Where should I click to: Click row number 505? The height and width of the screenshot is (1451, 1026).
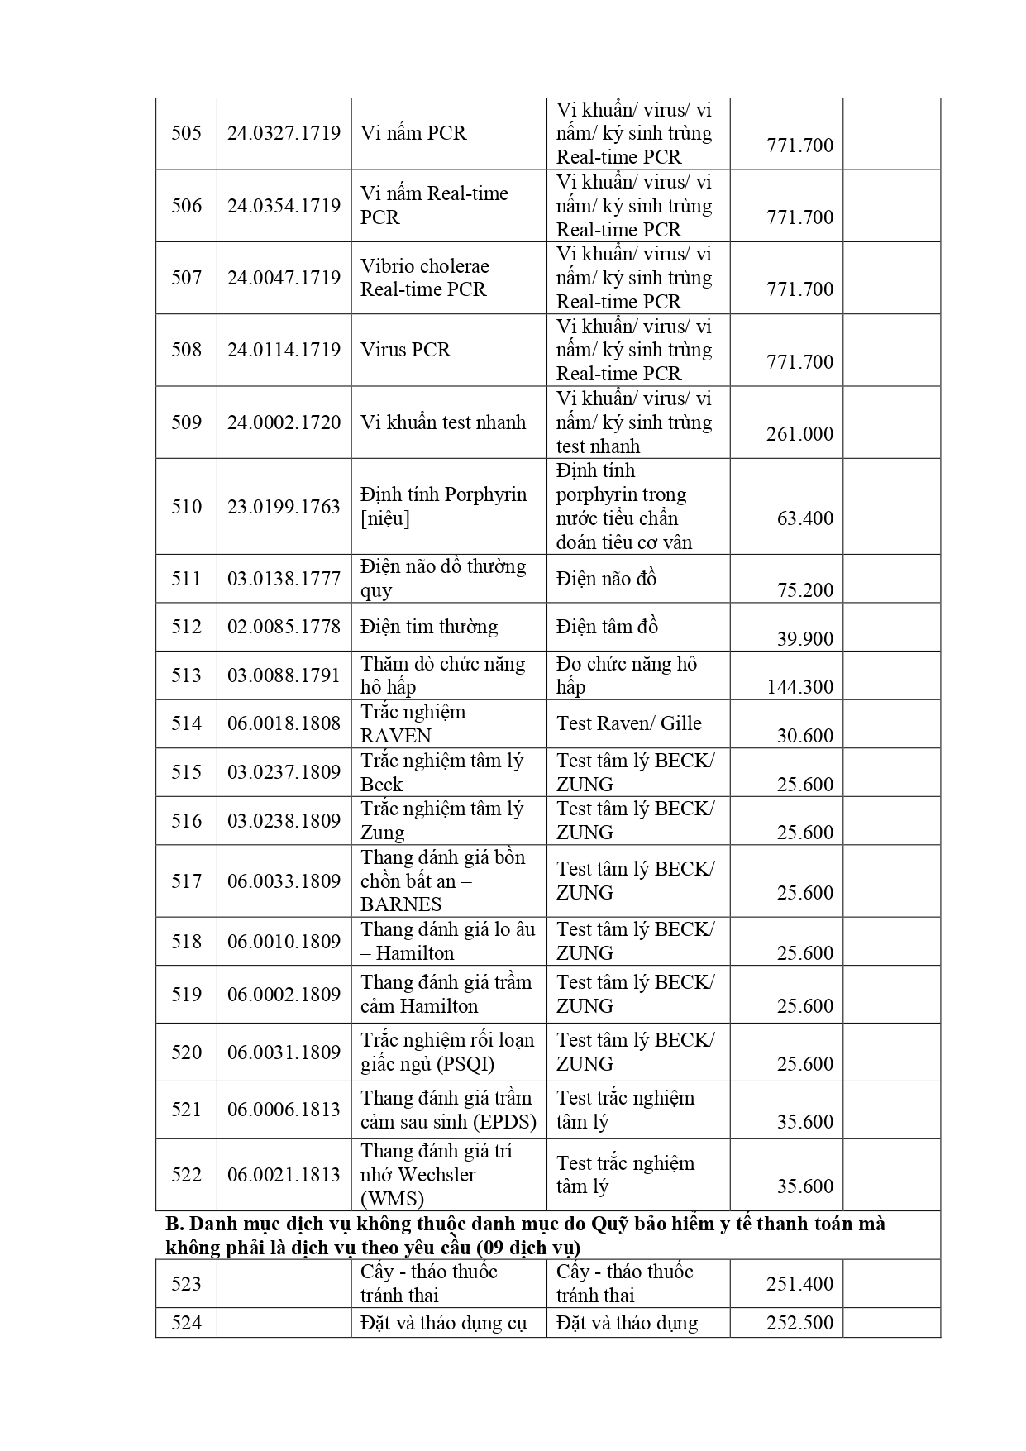point(186,133)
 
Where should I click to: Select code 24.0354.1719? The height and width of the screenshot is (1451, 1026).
point(284,205)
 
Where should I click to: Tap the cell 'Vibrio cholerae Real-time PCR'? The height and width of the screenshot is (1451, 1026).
point(424,278)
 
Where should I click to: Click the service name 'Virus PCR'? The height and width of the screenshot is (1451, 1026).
point(406,350)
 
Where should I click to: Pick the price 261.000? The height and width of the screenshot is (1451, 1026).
point(799,434)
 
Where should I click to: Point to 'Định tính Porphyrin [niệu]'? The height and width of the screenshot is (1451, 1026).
point(443,506)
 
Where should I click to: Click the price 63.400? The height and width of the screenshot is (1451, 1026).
point(804,518)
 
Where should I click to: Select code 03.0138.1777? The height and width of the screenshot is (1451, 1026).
point(284,579)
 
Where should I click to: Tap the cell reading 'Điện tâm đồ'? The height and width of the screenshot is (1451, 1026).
point(607,627)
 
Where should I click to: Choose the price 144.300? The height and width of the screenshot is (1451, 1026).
point(799,687)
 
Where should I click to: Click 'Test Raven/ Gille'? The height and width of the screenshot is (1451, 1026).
point(628,723)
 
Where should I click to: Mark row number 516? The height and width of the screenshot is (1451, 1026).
point(186,820)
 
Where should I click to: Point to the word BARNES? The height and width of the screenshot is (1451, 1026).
point(401,904)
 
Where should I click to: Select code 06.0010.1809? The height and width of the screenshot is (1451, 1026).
point(284,941)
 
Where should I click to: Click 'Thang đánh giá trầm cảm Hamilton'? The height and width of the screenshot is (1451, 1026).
point(446,994)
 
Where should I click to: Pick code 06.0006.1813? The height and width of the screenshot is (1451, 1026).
point(284,1110)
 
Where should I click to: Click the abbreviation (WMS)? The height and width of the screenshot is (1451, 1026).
point(392,1198)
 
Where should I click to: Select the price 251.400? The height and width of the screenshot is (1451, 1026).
point(799,1284)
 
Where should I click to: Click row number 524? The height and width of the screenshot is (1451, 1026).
point(186,1323)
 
